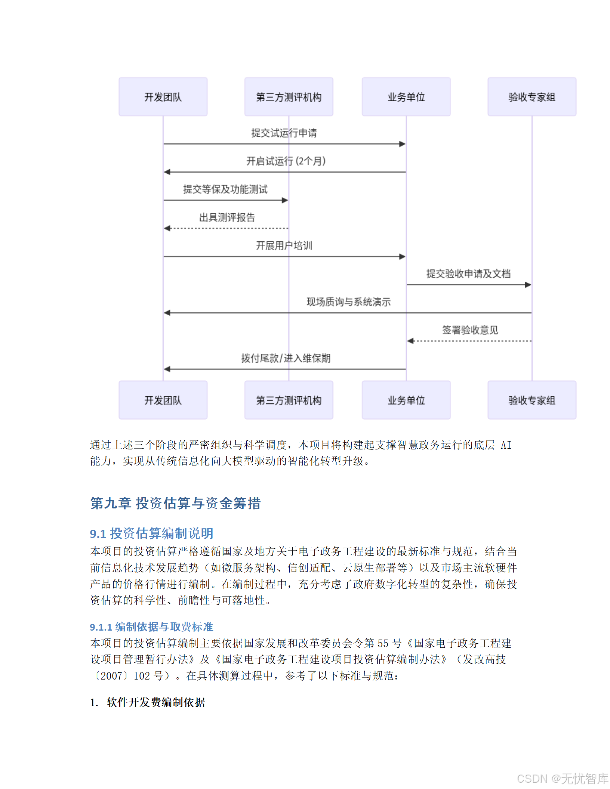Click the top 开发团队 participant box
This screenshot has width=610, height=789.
pos(163,97)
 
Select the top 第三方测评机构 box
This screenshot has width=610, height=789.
pos(289,97)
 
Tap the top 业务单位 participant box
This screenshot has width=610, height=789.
pos(406,97)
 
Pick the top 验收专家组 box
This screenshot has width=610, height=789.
pos(532,97)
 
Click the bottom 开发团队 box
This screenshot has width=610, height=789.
pos(163,400)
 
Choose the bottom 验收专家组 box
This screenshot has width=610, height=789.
pos(532,400)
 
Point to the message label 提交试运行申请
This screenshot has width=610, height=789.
pos(284,133)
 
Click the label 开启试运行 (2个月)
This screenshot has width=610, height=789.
pos(286,161)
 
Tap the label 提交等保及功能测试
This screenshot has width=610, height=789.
pos(225,189)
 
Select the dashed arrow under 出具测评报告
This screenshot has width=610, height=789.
pos(226,228)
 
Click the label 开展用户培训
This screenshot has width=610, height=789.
pos(284,245)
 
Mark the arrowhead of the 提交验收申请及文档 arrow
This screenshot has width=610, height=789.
pos(528,285)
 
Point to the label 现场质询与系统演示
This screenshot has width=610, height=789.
pos(348,302)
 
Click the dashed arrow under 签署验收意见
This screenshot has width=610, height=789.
pos(469,341)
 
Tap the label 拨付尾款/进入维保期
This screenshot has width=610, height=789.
pos(286,358)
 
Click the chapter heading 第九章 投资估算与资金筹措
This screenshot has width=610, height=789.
pos(175,503)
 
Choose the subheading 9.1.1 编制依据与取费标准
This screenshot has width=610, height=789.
pos(151,626)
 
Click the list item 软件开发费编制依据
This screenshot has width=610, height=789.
pos(155,702)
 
